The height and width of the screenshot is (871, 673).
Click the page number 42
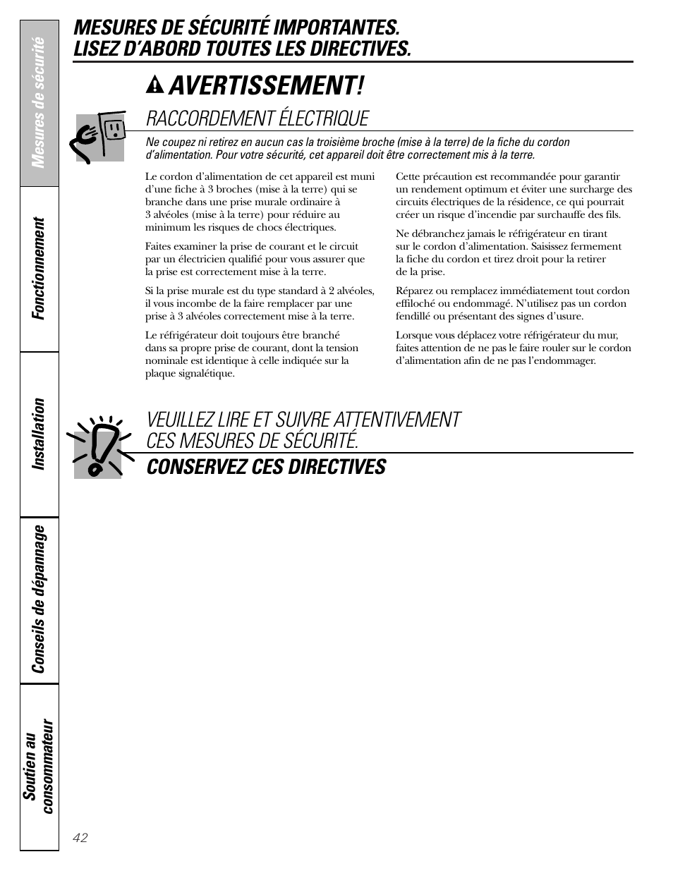point(80,837)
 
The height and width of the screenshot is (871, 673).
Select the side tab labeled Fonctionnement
point(40,269)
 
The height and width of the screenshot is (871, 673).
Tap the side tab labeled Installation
point(40,434)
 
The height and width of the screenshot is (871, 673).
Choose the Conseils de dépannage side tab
point(40,599)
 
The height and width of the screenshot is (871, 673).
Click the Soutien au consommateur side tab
point(40,765)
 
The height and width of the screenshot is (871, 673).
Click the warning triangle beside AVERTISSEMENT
point(154,86)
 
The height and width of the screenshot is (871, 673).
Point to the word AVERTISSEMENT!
point(267,86)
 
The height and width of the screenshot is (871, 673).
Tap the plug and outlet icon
point(99,136)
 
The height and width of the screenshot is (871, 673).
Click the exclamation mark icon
point(99,446)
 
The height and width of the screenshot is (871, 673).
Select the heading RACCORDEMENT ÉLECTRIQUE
point(257,118)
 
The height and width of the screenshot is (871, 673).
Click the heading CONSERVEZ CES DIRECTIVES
point(266,467)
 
